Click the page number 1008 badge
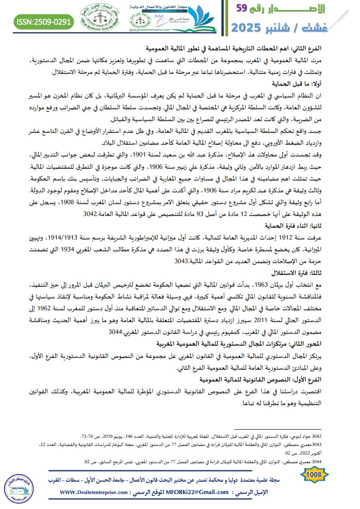[314, 475]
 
